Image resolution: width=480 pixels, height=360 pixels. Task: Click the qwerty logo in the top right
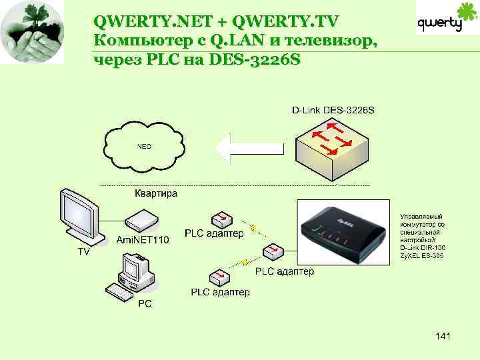click(x=441, y=20)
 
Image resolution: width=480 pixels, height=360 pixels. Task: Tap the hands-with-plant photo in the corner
click(x=33, y=32)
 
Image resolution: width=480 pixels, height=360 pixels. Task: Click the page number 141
click(x=442, y=336)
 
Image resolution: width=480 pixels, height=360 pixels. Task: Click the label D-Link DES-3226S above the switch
click(x=333, y=109)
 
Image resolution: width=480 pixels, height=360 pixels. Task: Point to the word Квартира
click(x=156, y=193)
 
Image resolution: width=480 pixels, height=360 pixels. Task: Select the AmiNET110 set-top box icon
click(x=141, y=219)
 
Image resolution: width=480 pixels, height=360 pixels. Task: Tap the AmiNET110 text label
click(x=143, y=239)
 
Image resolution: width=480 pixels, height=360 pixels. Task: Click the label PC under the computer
click(x=145, y=303)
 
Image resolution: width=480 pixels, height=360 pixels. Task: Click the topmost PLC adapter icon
click(x=221, y=219)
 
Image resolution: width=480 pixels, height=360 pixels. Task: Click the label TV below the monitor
click(x=84, y=252)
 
